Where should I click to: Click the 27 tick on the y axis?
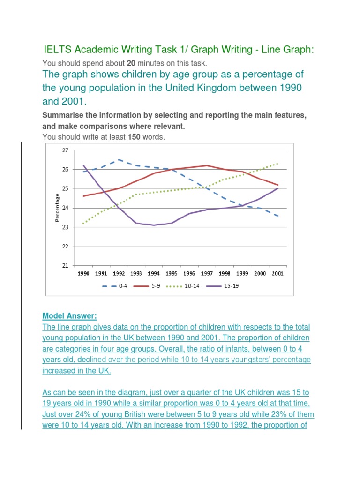(x=65, y=150)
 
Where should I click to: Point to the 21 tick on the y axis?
(x=65, y=265)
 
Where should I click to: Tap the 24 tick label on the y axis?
(x=65, y=208)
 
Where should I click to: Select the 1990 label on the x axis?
(x=83, y=273)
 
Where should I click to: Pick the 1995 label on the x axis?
(x=172, y=273)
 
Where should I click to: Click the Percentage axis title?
(x=57, y=208)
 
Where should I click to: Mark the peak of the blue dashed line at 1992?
(x=119, y=159)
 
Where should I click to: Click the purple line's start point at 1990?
(x=83, y=165)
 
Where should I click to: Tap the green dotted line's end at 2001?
(x=278, y=164)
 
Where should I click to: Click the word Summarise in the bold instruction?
(x=62, y=115)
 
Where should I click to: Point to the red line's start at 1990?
(x=83, y=196)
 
